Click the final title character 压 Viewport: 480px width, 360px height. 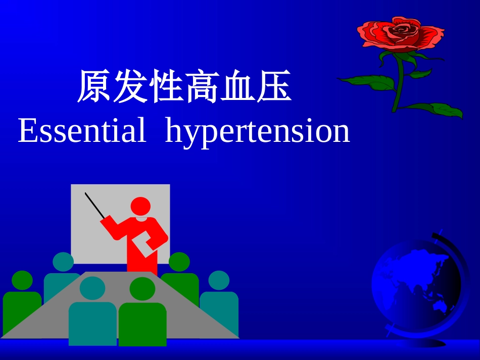pyautogui.click(x=274, y=87)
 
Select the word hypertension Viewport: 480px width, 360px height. pyautogui.click(x=257, y=132)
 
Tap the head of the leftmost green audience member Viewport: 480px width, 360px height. pyautogui.click(x=22, y=281)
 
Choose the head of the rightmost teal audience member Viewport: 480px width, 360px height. pyautogui.click(x=219, y=281)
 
